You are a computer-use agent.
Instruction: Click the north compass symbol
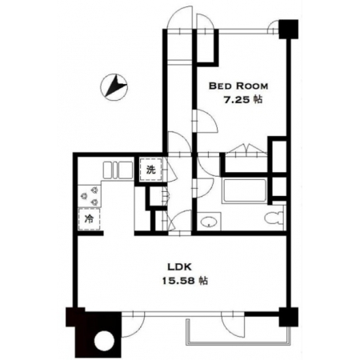114,87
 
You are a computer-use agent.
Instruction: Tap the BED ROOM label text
238,86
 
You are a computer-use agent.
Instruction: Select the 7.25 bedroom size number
237,100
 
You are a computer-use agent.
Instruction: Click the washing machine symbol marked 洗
151,170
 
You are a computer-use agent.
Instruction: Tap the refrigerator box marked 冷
89,219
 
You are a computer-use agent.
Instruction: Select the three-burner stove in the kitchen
90,196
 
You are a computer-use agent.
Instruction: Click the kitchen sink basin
118,170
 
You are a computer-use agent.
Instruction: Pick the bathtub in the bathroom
245,191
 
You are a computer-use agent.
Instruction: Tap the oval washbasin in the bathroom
209,222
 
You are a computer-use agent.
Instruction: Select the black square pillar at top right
288,29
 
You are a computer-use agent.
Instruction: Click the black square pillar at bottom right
288,317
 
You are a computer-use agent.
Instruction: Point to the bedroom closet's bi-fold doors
246,149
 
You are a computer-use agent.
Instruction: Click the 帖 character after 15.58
204,281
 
